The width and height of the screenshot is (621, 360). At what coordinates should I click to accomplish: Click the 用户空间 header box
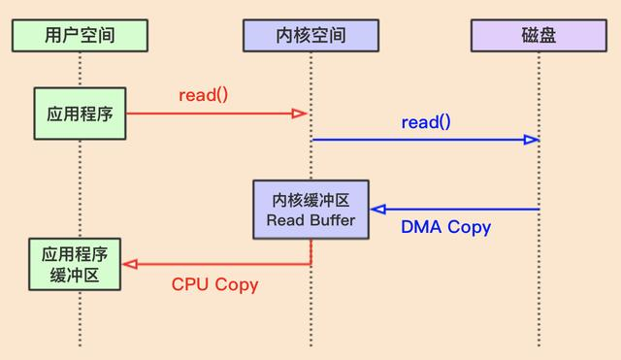coord(80,36)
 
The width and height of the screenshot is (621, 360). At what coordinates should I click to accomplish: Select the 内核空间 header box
coord(310,36)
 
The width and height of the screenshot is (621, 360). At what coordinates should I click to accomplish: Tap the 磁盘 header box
coord(539,36)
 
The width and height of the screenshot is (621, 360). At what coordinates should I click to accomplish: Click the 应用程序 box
coord(80,114)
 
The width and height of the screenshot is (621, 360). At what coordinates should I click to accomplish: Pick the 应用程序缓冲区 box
coord(74,265)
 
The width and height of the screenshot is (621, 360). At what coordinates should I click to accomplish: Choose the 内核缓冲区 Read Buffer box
coord(310,210)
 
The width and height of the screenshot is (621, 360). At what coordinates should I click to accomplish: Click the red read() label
coord(204,95)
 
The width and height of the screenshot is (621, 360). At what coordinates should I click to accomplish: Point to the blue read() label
coord(426,122)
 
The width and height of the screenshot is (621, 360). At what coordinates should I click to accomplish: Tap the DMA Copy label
coord(445,228)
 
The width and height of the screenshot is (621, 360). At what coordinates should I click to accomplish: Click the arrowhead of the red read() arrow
coord(300,114)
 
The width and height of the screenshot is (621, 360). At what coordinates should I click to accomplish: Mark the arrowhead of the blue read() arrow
coord(531,140)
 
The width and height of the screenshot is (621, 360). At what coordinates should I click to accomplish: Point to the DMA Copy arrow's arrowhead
coord(378,209)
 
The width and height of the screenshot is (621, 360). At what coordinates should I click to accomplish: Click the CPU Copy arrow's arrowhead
coord(129,264)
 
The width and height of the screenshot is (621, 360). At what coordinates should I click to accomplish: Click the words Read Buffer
coord(310,220)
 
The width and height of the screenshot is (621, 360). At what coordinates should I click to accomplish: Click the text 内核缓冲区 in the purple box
coord(310,199)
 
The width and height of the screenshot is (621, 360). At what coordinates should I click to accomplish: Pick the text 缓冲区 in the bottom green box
coord(74,275)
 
